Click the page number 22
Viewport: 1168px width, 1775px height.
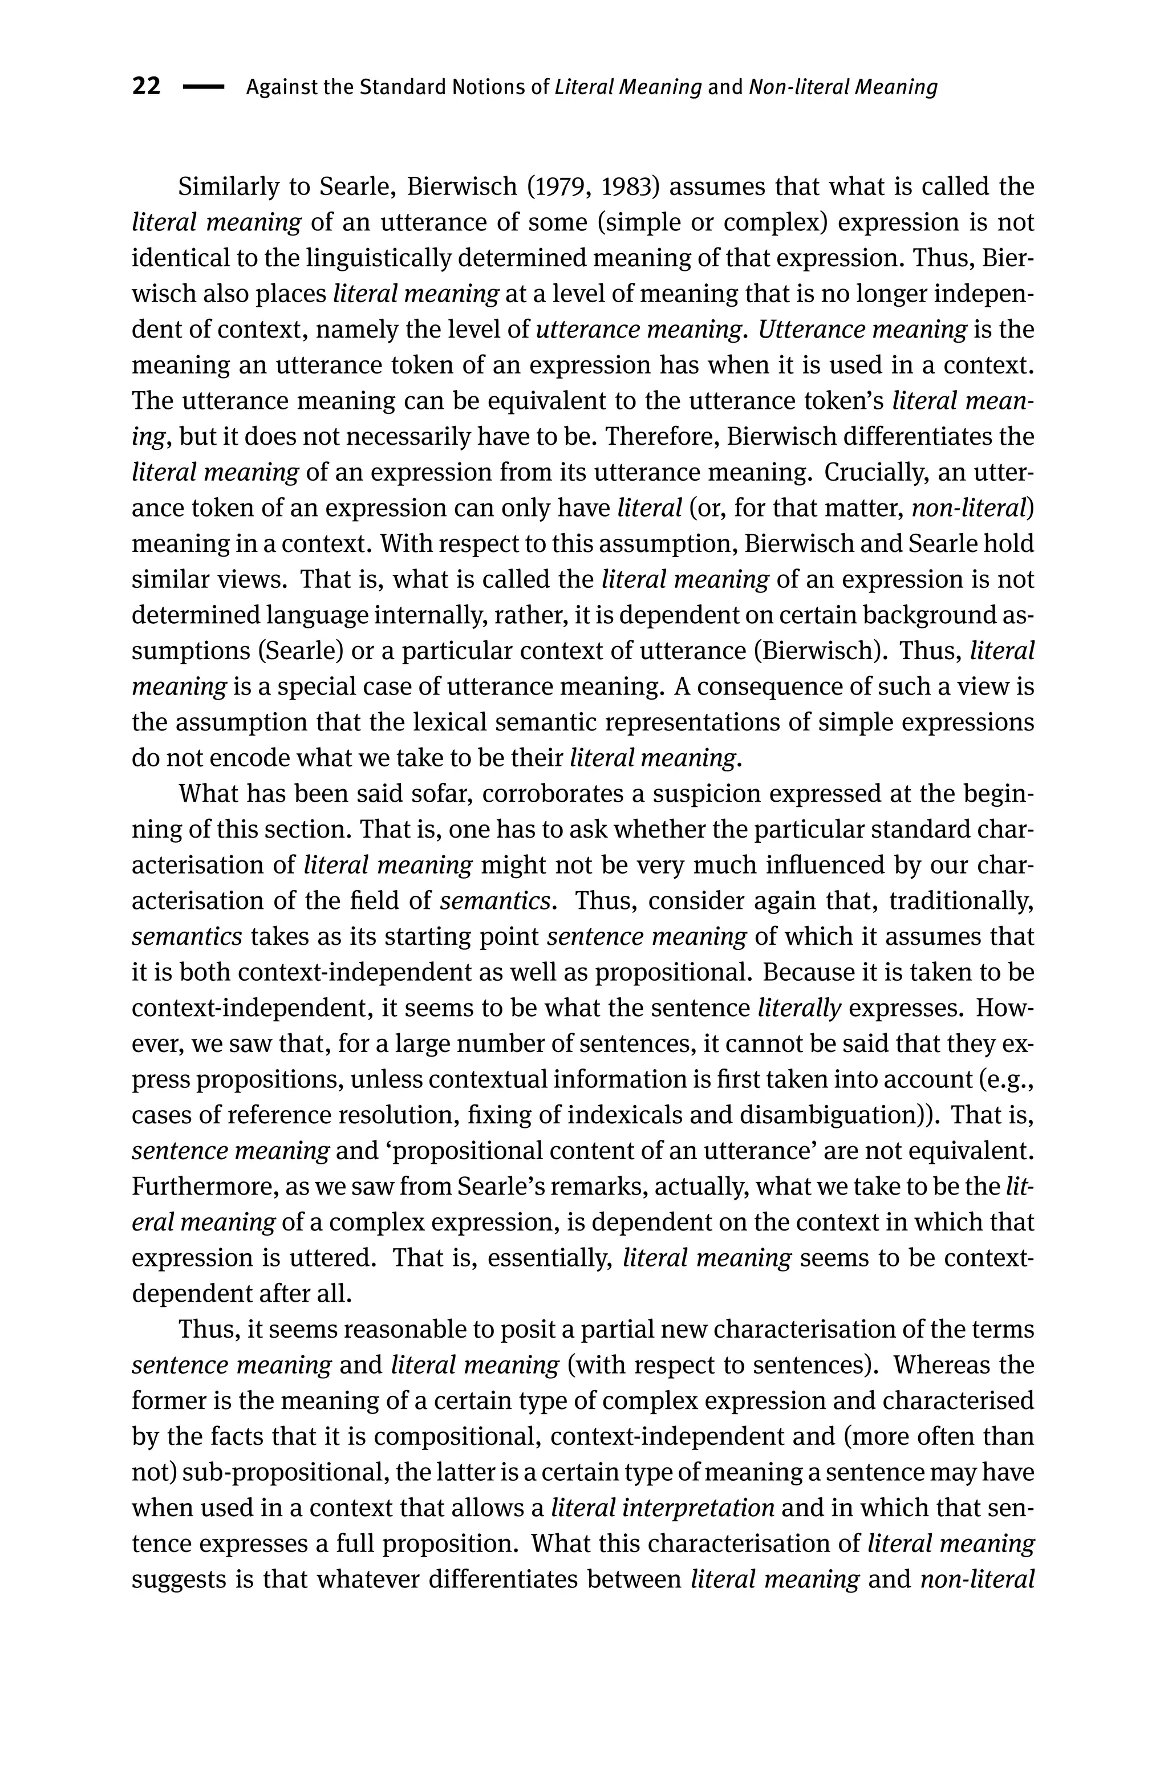click(146, 87)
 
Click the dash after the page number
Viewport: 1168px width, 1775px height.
click(203, 88)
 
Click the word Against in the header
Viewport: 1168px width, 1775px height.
click(281, 88)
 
